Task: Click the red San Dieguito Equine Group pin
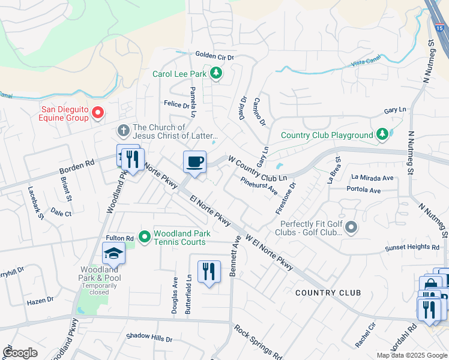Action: [100, 112]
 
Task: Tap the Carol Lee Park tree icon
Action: [216, 74]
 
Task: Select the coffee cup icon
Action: [194, 161]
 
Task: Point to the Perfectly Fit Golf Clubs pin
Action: [352, 227]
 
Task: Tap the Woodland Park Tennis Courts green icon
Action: [145, 238]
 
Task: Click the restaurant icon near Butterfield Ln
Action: [209, 271]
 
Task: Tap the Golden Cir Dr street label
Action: [214, 55]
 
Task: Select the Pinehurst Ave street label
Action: [259, 185]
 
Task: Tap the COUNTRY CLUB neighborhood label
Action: [328, 292]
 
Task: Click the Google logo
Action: [19, 353]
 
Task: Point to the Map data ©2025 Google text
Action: [412, 355]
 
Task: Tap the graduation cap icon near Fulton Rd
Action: [113, 254]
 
